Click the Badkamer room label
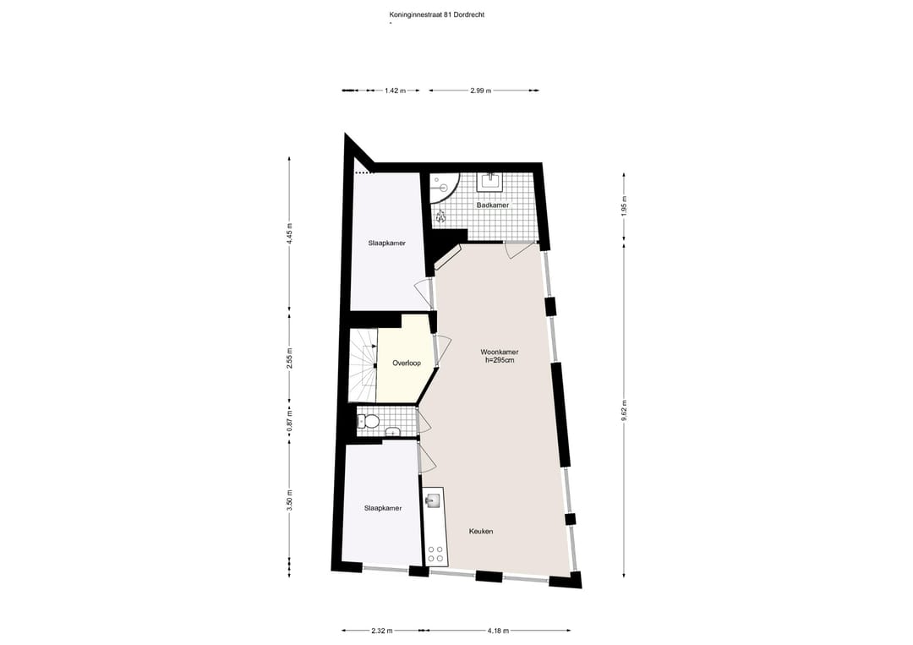(491, 205)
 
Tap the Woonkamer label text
(499, 352)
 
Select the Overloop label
(406, 363)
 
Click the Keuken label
(481, 531)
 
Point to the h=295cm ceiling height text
(499, 360)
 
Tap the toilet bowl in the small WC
(365, 421)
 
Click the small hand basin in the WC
(391, 433)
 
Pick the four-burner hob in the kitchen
(436, 555)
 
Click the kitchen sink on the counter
(433, 500)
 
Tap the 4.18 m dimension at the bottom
(499, 630)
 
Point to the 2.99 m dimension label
(481, 90)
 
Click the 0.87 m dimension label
(290, 428)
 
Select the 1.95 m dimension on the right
(624, 209)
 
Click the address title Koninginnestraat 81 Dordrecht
(431, 14)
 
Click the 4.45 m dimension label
(290, 233)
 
